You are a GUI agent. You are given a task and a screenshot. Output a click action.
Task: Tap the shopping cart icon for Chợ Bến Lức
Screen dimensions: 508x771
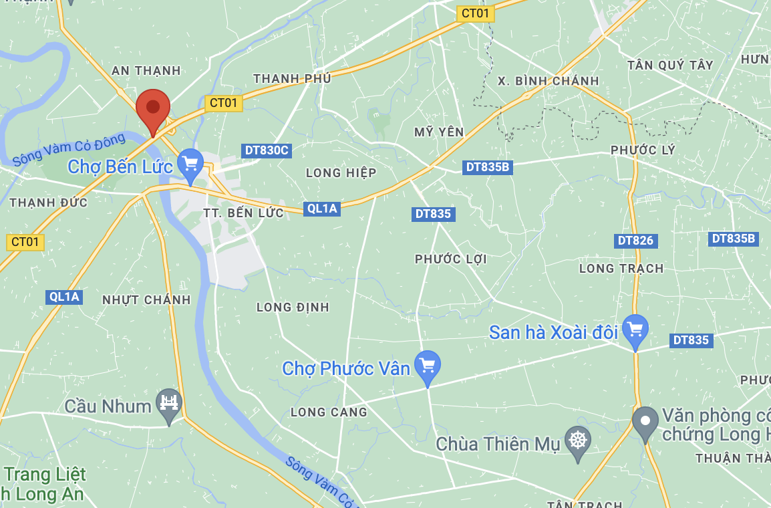[x=190, y=163]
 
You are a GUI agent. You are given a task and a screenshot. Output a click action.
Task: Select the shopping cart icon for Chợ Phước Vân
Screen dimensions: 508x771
[x=428, y=366]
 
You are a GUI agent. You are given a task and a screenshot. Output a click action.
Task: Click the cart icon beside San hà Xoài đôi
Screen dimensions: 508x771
[x=635, y=330]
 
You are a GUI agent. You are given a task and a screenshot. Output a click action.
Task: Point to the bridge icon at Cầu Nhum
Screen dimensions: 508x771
[x=168, y=403]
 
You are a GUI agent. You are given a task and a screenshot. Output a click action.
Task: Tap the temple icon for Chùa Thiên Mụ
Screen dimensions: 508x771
[x=578, y=440]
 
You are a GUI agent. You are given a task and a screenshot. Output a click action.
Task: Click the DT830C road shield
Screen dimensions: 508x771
[x=267, y=150]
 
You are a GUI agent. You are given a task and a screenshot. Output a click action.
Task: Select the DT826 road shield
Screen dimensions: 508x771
[x=635, y=240]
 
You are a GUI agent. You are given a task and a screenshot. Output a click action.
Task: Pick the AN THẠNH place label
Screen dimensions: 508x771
[x=146, y=70]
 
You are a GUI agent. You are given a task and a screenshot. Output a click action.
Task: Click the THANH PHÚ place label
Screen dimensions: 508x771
[x=292, y=79]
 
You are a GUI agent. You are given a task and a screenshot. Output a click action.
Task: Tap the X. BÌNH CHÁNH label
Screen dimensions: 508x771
[x=549, y=81]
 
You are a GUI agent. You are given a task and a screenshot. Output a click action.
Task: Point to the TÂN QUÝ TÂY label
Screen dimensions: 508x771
[x=670, y=65]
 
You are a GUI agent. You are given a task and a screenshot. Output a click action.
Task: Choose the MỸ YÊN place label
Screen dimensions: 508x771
[x=439, y=132]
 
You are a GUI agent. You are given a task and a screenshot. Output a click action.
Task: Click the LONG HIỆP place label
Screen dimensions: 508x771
[x=341, y=172]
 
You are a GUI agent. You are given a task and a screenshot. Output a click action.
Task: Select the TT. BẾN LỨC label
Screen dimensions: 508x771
[x=244, y=213]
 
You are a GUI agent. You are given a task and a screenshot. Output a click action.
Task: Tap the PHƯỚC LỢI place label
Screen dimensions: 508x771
[x=451, y=259]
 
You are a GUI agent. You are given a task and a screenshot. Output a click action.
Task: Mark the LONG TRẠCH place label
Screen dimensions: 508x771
[x=621, y=268]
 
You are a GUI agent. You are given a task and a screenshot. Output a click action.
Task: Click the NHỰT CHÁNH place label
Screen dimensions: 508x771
[x=146, y=299]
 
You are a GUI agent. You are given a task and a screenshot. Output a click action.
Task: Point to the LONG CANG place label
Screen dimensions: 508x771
[x=329, y=412]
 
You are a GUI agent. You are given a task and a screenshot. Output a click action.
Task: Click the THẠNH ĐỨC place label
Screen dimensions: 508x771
[x=49, y=203]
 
